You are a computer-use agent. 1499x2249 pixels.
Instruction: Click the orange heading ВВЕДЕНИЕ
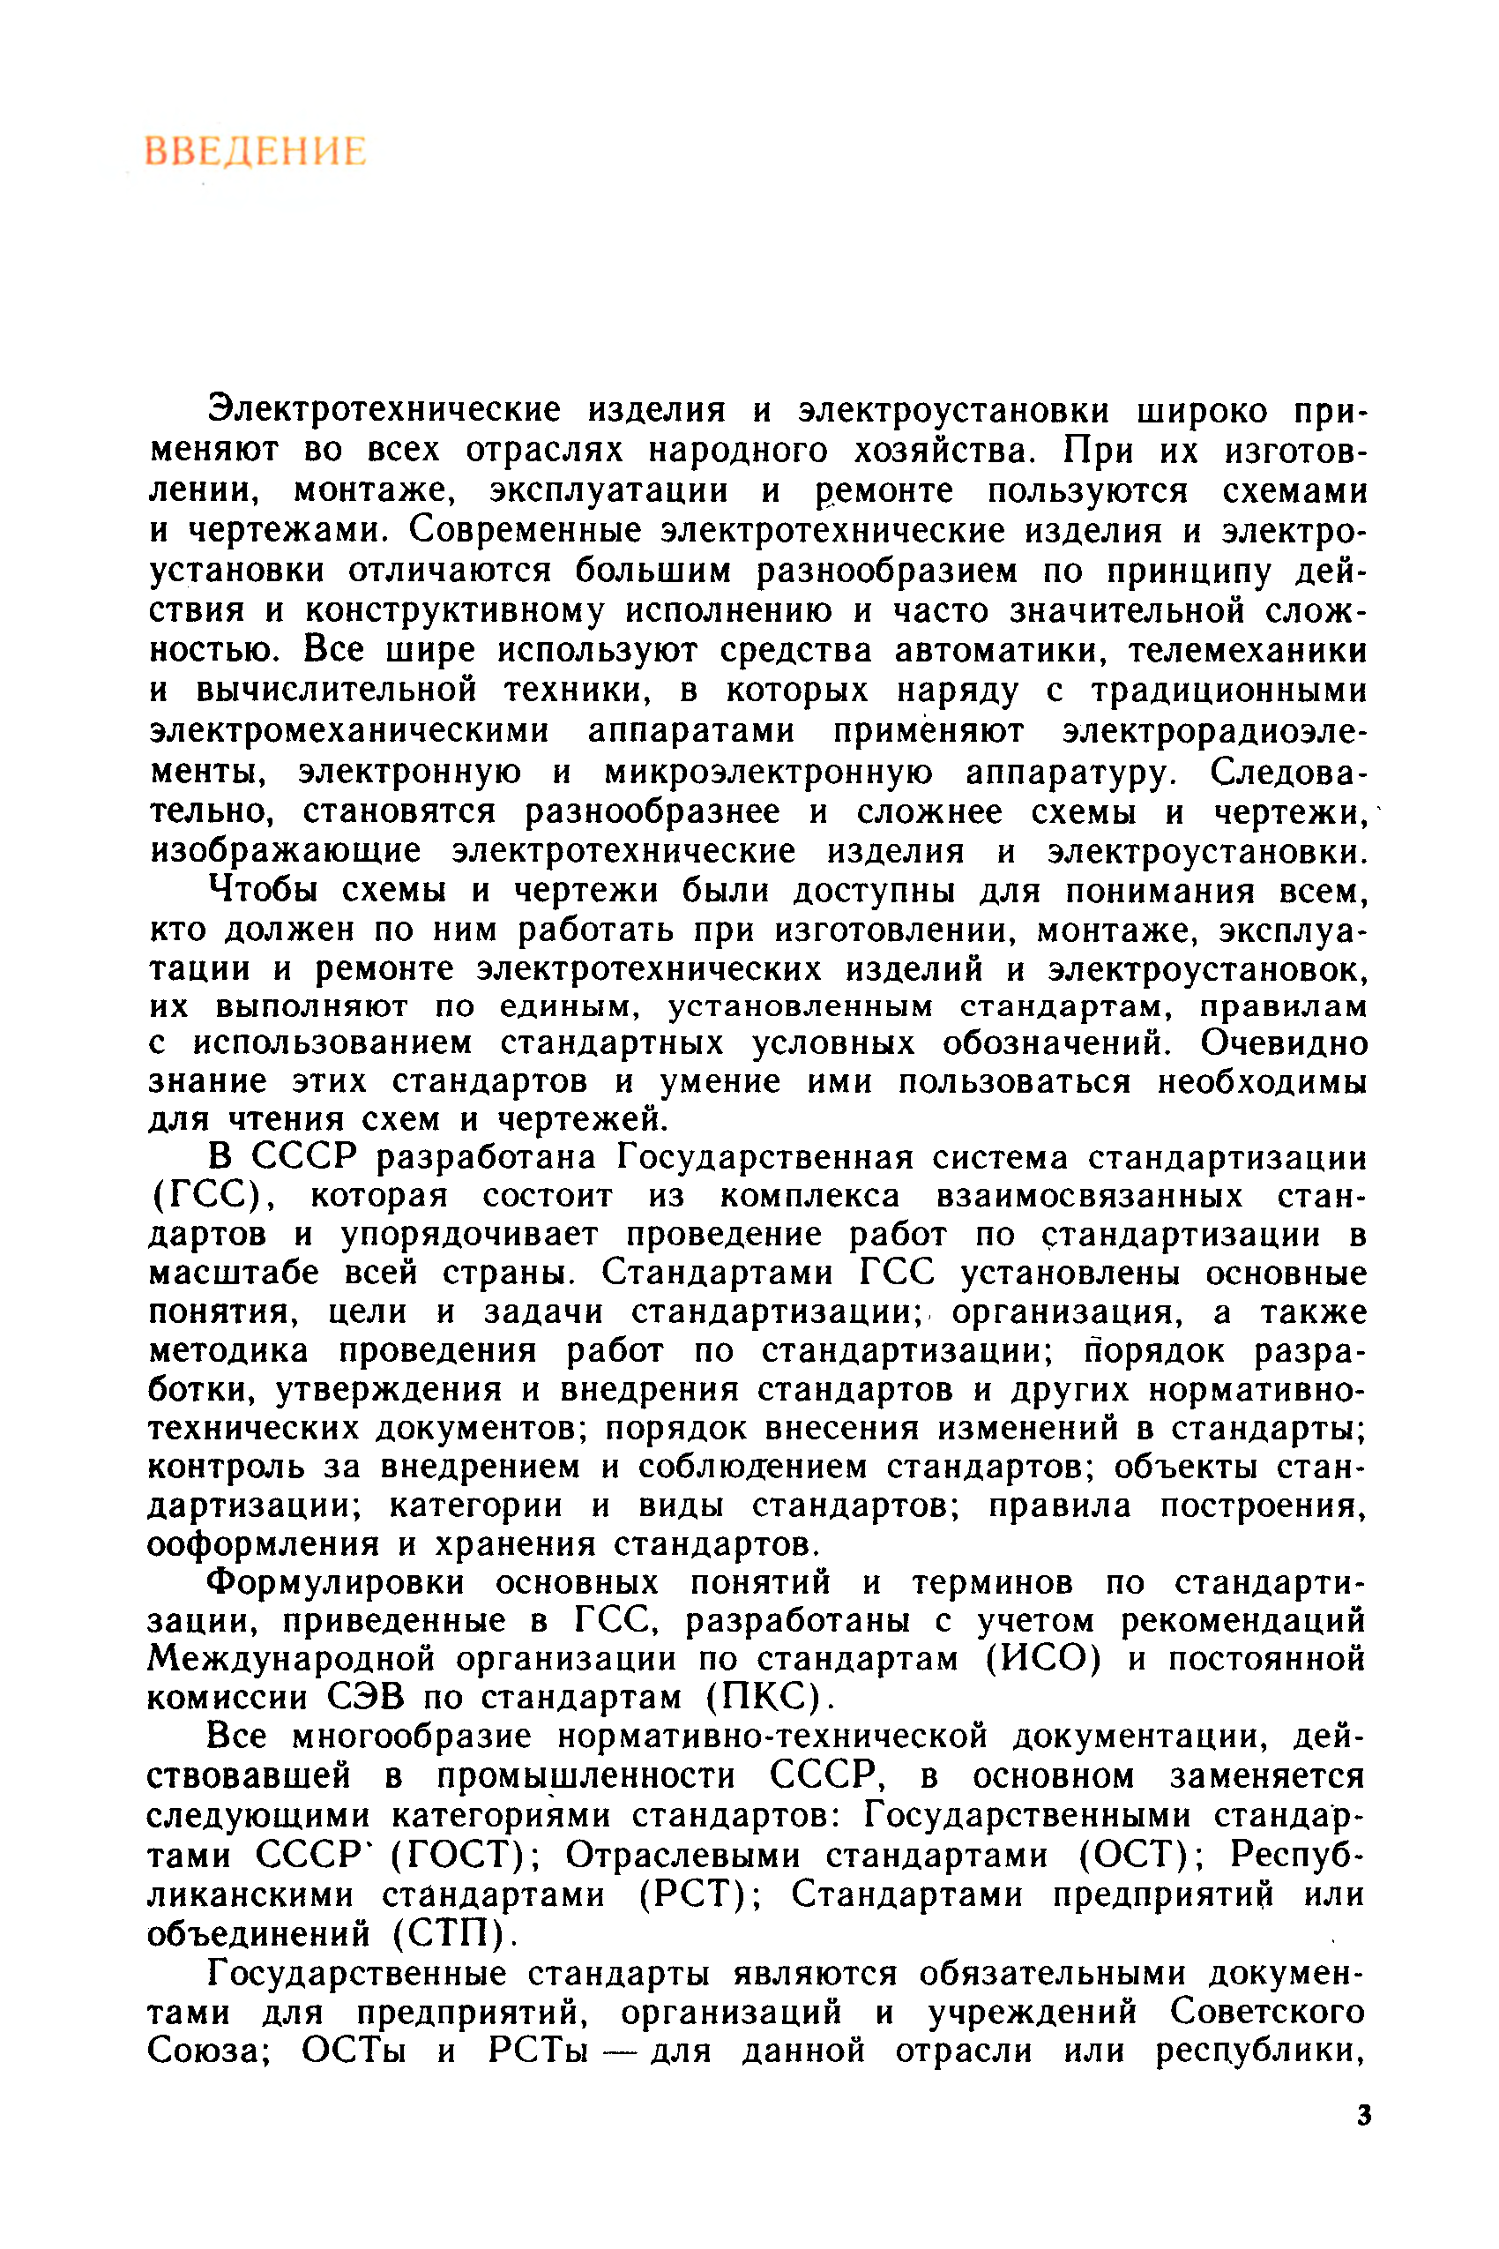tap(255, 152)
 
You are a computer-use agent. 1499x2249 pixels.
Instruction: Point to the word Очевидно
tap(1283, 1042)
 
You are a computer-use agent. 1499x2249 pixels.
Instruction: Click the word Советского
tap(1267, 2011)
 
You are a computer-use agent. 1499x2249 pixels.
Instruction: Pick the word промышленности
tap(586, 1775)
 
